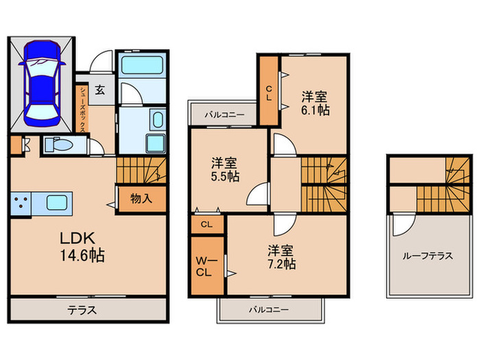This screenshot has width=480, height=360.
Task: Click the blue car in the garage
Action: (42, 83)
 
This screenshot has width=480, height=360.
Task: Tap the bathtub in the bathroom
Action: (142, 65)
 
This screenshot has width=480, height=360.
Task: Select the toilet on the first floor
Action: (58, 144)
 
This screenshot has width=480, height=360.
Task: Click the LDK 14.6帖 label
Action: (82, 247)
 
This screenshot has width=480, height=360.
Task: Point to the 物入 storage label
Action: (141, 199)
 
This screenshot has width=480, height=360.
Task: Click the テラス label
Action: (82, 311)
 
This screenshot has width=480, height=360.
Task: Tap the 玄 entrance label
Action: (100, 90)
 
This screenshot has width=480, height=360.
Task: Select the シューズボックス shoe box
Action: (82, 109)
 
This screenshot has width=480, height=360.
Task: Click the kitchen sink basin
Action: (57, 203)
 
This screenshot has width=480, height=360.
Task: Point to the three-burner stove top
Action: (21, 203)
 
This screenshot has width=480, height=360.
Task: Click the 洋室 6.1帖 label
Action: (315, 104)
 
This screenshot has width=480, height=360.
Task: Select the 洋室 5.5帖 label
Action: (225, 170)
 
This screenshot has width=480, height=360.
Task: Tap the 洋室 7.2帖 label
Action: (282, 257)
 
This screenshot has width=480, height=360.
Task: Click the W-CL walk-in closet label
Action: (206, 267)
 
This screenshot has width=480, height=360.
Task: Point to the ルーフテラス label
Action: (427, 256)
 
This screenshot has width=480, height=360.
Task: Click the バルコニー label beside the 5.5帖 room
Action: (225, 115)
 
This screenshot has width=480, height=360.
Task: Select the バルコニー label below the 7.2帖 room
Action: (269, 310)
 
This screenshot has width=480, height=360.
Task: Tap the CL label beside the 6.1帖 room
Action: (269, 93)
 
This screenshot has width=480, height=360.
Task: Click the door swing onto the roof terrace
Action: (403, 226)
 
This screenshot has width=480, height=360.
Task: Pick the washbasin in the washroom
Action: (158, 119)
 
